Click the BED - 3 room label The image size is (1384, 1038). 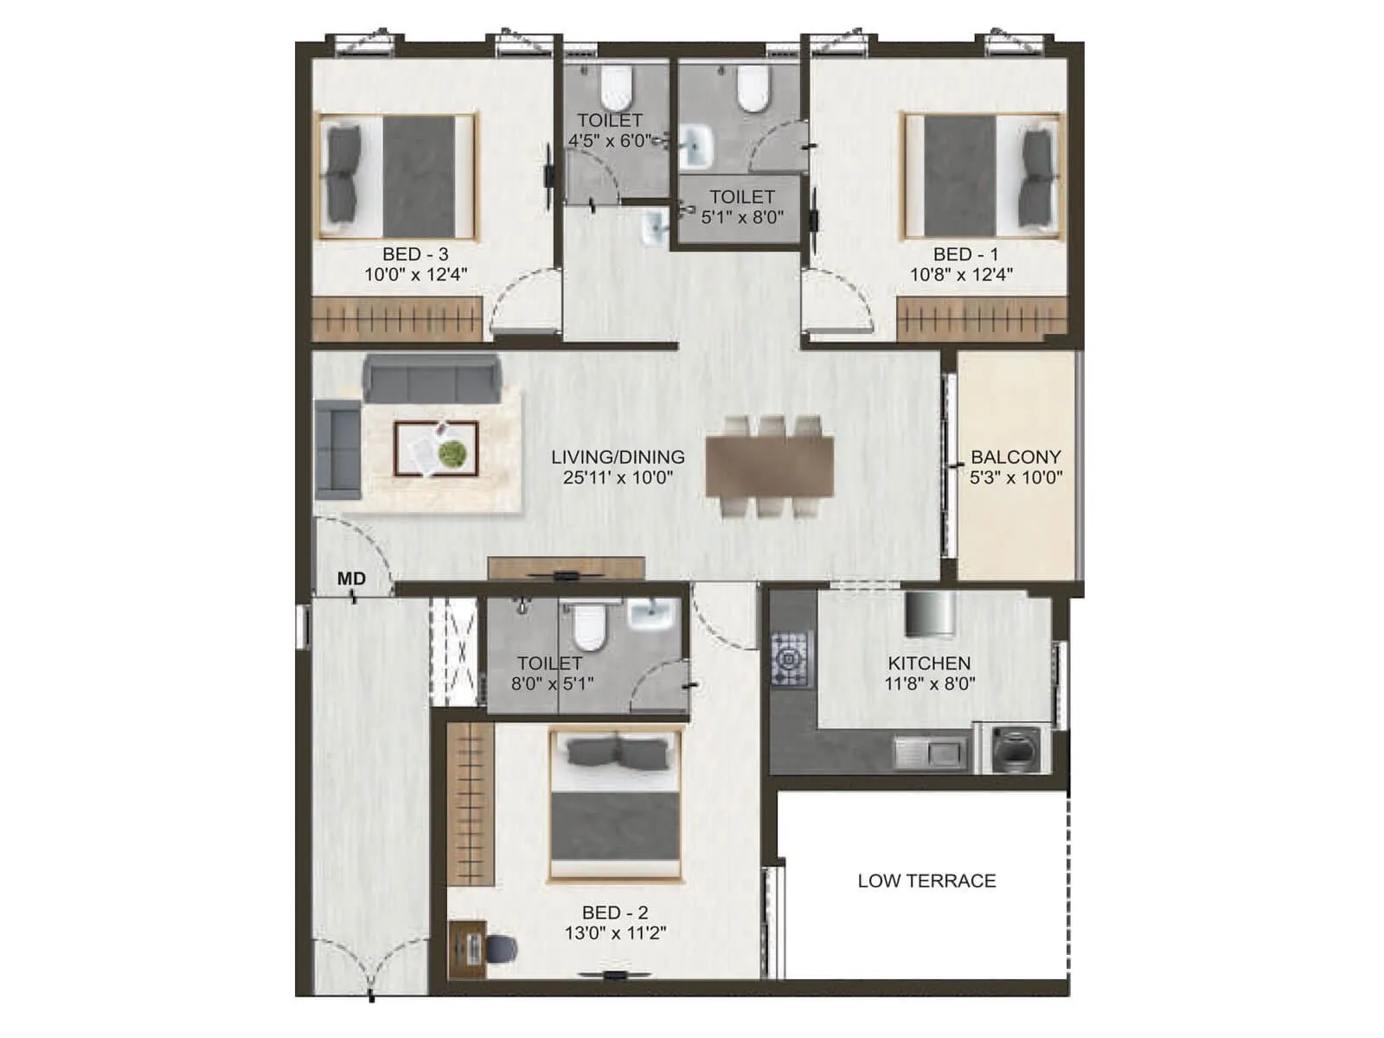415,254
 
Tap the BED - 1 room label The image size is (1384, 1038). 965,254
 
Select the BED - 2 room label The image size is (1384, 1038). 615,913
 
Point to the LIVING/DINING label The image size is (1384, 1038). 618,457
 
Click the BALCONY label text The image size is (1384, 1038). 1016,457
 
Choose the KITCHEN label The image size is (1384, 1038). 929,663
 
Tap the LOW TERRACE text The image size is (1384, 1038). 926,881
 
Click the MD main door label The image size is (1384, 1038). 351,579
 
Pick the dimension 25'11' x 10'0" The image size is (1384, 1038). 618,477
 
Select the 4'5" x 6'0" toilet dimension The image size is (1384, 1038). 610,141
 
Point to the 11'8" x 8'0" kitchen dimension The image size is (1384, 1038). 929,683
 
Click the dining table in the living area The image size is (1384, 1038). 770,466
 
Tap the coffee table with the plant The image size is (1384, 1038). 436,449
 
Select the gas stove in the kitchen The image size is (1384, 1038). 791,657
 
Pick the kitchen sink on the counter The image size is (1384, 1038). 930,752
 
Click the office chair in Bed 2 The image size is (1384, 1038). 501,949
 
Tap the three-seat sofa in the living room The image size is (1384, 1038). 432,378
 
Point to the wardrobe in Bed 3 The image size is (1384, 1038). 396,319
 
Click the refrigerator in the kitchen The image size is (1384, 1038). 931,613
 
